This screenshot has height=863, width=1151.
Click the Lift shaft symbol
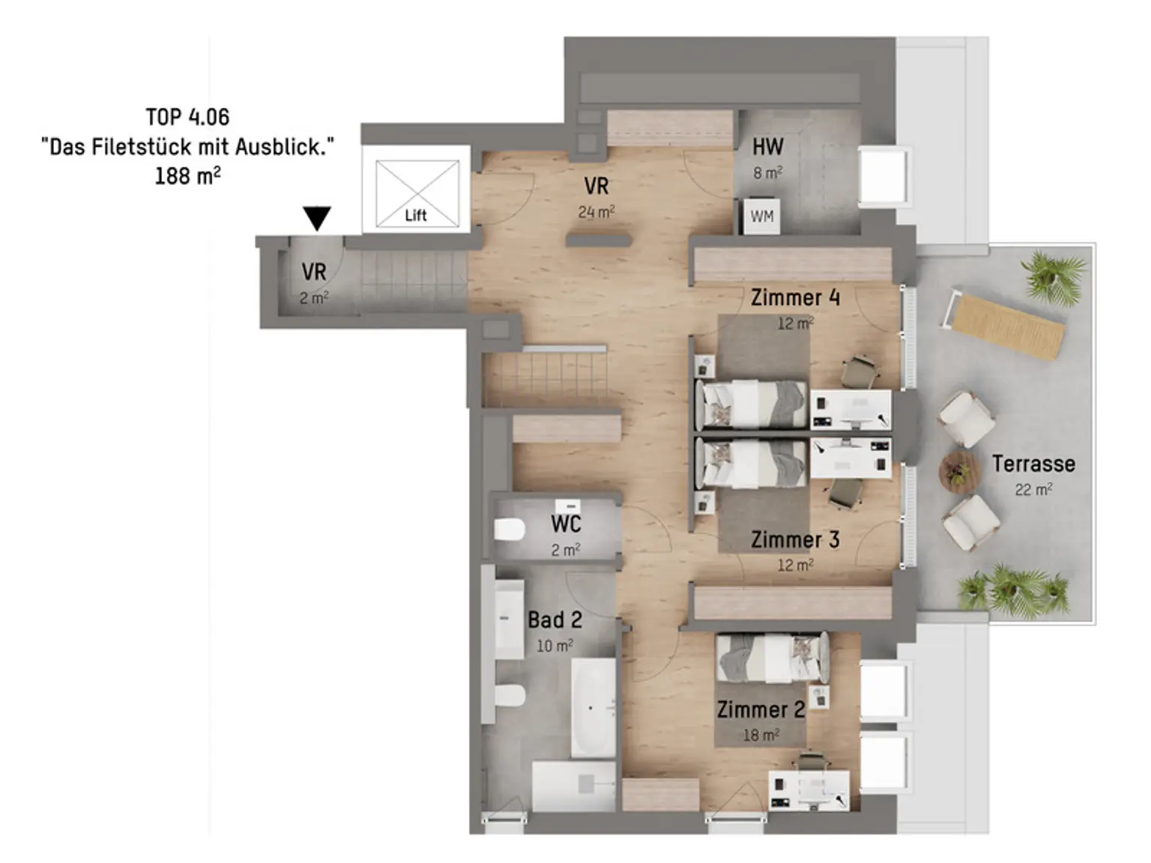tap(417, 193)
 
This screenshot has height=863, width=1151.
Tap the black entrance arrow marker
tap(317, 219)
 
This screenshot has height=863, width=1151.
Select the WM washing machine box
tap(761, 216)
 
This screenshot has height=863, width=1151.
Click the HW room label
tap(768, 147)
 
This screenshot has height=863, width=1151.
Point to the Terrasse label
tap(1033, 464)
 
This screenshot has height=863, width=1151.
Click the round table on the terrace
tap(959, 472)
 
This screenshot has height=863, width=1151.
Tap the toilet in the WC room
tap(510, 530)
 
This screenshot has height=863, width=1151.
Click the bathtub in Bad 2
tap(593, 706)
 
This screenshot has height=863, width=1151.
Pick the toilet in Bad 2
tap(510, 696)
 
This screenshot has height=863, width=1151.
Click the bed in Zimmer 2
tap(772, 658)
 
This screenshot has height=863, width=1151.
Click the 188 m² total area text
tap(187, 176)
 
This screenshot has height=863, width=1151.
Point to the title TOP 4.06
tap(187, 117)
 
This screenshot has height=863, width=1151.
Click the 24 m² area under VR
tap(596, 212)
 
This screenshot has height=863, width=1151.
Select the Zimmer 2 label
tap(761, 709)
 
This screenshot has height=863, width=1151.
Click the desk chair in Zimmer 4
tap(860, 371)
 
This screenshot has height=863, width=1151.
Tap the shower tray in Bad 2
tap(574, 786)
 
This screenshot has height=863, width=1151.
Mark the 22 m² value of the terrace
tap(1033, 489)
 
